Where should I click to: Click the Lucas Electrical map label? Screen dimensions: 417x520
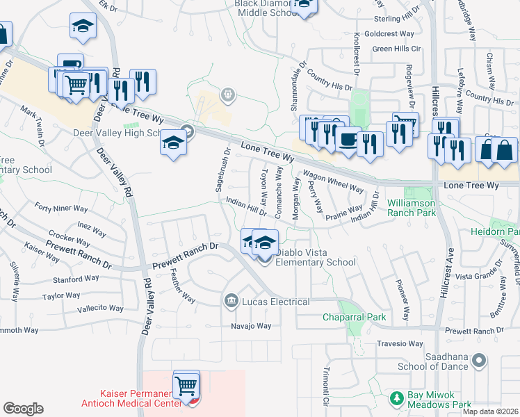point(275,302)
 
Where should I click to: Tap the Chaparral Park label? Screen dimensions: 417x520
point(354,318)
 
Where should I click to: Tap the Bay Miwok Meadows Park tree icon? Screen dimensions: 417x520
point(396,398)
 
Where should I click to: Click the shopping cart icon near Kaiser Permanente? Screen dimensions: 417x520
point(186,384)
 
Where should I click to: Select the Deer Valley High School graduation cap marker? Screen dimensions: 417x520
point(172,144)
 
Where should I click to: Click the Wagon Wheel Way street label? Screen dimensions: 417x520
point(332,182)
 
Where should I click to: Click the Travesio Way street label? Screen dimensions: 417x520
point(400,343)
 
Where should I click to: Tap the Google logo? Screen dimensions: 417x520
point(23,409)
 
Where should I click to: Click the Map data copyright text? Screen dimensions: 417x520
point(490,411)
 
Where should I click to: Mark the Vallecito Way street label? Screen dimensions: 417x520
point(100,309)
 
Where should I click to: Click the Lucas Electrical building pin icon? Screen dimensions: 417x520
point(231,301)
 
